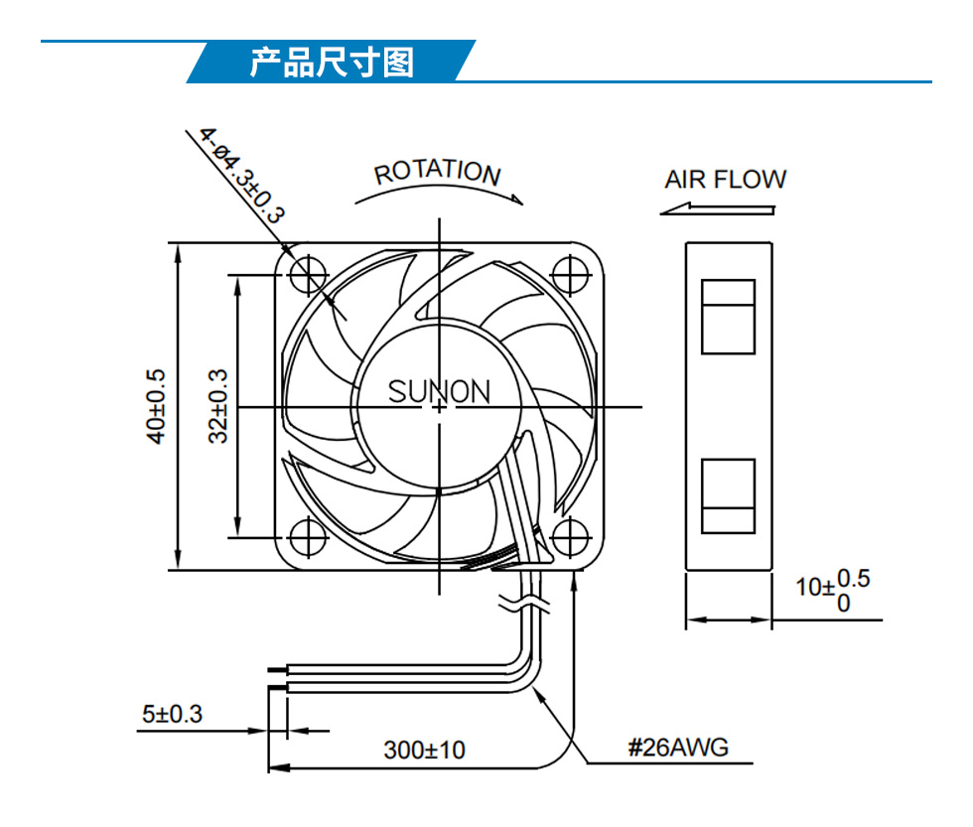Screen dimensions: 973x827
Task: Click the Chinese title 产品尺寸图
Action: click(x=332, y=62)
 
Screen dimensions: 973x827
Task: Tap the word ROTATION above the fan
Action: click(x=438, y=172)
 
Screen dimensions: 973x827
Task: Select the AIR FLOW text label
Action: click(x=725, y=180)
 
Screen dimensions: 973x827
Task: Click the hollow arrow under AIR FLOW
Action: click(x=717, y=209)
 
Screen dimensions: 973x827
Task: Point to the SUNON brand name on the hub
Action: click(x=439, y=391)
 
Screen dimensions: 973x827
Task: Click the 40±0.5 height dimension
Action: click(x=156, y=406)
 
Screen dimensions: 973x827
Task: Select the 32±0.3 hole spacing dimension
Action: click(x=217, y=406)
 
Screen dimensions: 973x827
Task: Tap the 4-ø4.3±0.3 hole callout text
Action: click(x=242, y=175)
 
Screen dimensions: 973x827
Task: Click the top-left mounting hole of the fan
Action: click(x=309, y=274)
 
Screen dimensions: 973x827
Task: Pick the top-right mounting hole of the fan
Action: click(x=570, y=274)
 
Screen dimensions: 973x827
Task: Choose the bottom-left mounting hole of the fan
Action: click(x=309, y=537)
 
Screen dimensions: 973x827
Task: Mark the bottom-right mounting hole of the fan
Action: click(x=570, y=537)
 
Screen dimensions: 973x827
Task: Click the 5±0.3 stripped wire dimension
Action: click(x=172, y=714)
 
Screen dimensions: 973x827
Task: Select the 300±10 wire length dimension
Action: click(x=425, y=751)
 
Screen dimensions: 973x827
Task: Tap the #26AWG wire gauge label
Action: click(x=678, y=748)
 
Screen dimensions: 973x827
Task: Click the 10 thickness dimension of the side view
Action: click(x=833, y=590)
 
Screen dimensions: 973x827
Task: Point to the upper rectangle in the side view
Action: click(x=728, y=317)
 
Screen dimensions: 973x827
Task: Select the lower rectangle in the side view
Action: click(x=728, y=496)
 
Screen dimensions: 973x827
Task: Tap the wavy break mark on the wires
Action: click(x=524, y=603)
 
